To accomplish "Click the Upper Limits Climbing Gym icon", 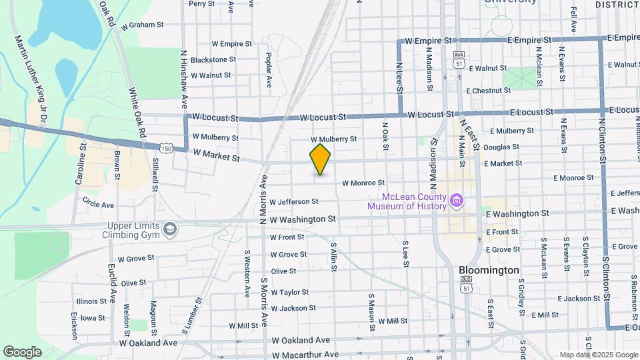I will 170,229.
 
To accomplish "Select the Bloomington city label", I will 489,271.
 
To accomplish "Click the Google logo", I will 22,351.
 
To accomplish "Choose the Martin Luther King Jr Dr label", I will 29,79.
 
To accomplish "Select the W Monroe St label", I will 363,183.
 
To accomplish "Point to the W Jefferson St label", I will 294,201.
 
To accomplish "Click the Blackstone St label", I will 213,59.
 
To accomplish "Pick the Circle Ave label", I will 99,202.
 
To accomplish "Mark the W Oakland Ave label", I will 149,343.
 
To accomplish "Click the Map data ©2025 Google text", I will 597,355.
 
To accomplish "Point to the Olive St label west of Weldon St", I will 133,283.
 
